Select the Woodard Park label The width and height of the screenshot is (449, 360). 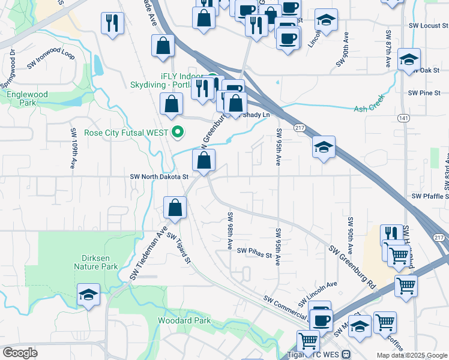[x=184, y=321]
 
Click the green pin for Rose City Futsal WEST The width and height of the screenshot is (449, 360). [x=177, y=132]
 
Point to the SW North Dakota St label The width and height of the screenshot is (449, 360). [x=159, y=176]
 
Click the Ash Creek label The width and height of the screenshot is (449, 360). [x=368, y=109]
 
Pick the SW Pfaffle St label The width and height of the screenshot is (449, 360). [x=430, y=196]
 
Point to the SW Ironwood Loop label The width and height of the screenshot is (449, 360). [x=50, y=62]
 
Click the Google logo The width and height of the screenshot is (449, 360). [x=20, y=353]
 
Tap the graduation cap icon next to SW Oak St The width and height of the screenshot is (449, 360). [x=408, y=60]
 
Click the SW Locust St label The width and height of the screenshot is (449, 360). [x=427, y=26]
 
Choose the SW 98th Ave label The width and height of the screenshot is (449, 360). [x=230, y=230]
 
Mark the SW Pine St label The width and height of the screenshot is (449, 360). [x=424, y=93]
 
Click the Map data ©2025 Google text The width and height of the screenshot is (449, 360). [x=411, y=355]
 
